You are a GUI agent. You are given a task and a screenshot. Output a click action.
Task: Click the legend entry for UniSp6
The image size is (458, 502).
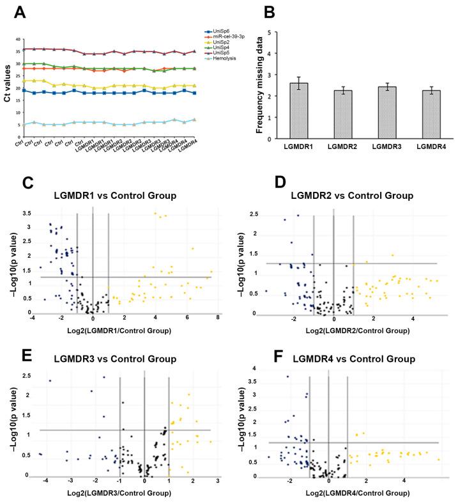[x=220, y=31]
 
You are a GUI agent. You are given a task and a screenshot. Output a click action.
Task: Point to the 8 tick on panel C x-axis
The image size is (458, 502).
[x=218, y=318]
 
